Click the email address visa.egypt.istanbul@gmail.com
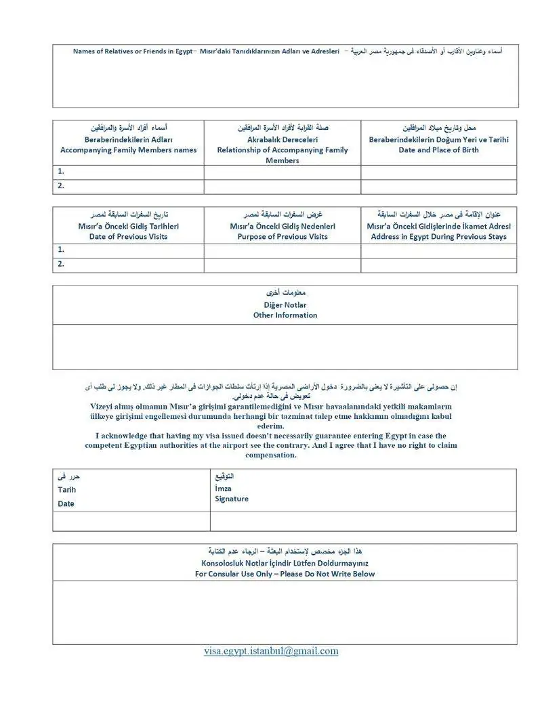(x=271, y=651)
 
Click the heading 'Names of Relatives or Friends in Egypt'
(x=132, y=51)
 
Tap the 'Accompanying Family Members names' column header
(x=128, y=150)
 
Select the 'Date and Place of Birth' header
(x=438, y=150)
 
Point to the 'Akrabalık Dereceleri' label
(x=282, y=140)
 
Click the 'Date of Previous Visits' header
(x=128, y=237)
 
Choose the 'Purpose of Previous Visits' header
(x=282, y=237)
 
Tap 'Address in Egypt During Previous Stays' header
(x=438, y=237)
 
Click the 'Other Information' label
(x=285, y=315)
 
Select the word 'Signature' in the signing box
(x=232, y=499)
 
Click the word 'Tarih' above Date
(x=67, y=490)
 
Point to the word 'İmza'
(x=223, y=489)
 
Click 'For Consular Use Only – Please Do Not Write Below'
(x=285, y=574)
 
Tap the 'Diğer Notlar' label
(x=285, y=305)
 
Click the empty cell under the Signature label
(x=362, y=521)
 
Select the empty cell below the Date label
(x=131, y=521)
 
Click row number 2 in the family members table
(x=61, y=186)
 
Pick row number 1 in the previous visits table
(x=61, y=250)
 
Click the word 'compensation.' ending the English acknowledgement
(x=271, y=455)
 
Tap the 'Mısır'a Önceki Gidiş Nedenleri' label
(x=282, y=227)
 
